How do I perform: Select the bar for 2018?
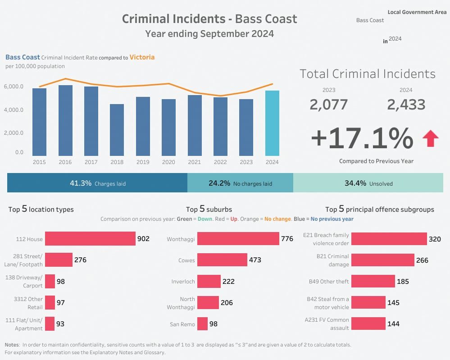click(117, 130)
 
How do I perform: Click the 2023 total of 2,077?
click(329, 105)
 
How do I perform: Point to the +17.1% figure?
click(362, 138)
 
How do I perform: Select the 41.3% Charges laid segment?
click(97, 183)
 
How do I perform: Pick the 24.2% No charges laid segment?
click(240, 183)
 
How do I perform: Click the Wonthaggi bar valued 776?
click(238, 239)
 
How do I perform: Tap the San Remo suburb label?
click(182, 324)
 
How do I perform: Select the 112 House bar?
click(90, 239)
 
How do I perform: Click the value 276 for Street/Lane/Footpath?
click(80, 260)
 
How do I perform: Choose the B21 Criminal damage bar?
click(382, 260)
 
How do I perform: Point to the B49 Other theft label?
click(329, 282)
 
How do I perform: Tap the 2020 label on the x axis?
click(168, 162)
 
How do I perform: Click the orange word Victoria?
click(142, 57)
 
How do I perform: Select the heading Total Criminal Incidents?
click(368, 74)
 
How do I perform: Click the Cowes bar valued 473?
click(222, 260)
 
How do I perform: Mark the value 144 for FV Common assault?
click(393, 324)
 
